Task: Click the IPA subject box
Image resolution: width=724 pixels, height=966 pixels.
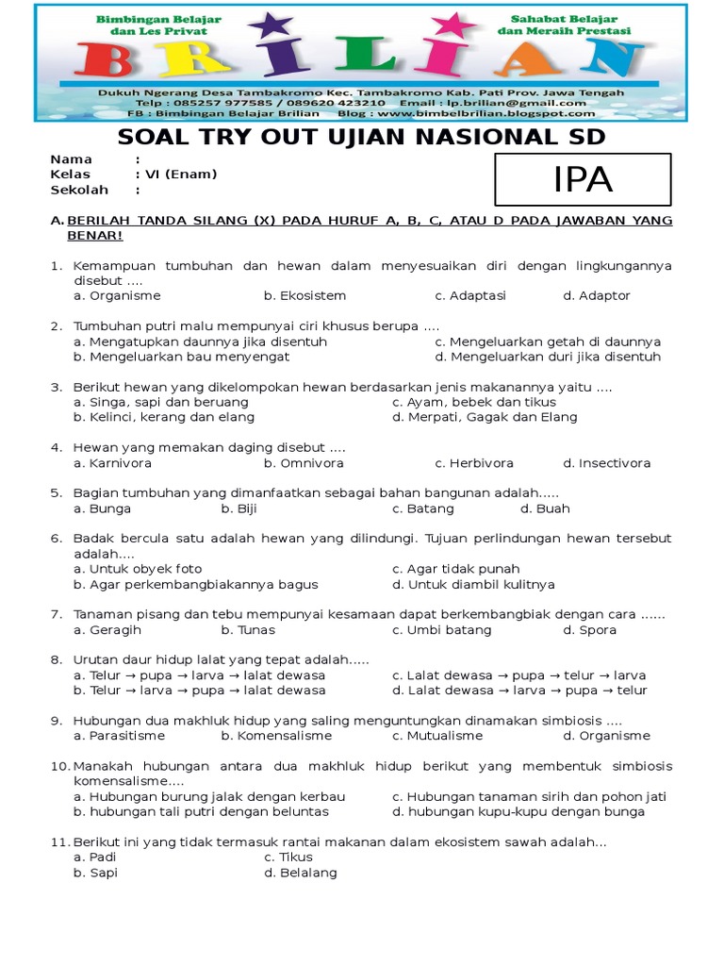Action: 583,179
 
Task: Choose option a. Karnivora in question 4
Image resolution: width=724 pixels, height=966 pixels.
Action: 112,463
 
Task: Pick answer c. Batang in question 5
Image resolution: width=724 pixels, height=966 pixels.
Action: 422,508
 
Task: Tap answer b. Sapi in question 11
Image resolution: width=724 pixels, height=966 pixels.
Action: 95,873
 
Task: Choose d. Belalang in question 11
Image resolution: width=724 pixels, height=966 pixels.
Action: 300,873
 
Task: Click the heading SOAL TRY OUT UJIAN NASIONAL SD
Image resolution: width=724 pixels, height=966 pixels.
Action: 361,139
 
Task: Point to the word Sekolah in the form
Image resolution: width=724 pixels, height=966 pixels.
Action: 76,190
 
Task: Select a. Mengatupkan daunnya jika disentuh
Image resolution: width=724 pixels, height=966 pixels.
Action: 200,341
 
